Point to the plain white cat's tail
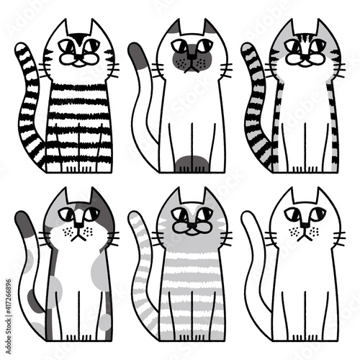(254, 266)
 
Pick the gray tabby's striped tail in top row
(256, 108)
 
